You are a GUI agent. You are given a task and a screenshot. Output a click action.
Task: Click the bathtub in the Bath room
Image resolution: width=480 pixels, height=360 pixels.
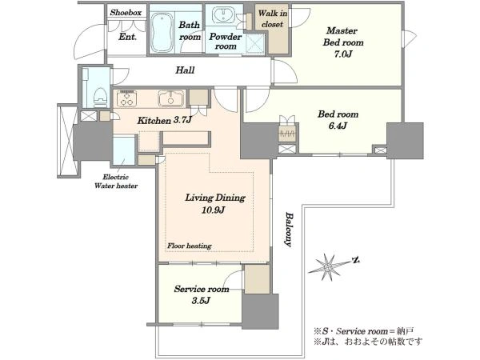pyautogui.click(x=162, y=32)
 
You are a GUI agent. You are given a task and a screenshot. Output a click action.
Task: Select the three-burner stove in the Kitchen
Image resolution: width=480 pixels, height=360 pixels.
pyautogui.click(x=126, y=98)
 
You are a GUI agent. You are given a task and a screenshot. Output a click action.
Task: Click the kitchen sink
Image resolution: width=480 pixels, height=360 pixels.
pyautogui.click(x=171, y=98)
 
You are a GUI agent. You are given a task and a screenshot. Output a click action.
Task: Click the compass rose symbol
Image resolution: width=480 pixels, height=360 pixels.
pyautogui.click(x=327, y=267)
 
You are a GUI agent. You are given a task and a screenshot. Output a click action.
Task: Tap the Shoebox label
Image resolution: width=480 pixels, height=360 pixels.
pyautogui.click(x=126, y=13)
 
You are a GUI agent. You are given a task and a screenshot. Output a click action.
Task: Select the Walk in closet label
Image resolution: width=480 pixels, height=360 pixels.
pyautogui.click(x=273, y=18)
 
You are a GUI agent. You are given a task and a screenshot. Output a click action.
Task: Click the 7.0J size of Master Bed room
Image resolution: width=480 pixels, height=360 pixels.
pyautogui.click(x=343, y=54)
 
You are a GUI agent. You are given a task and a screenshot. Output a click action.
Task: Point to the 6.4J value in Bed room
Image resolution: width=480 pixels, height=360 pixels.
pyautogui.click(x=338, y=126)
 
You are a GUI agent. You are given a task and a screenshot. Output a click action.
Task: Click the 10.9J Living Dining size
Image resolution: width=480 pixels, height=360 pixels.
pyautogui.click(x=214, y=210)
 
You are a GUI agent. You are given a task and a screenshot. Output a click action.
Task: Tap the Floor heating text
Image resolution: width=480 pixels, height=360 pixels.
pyautogui.click(x=189, y=246)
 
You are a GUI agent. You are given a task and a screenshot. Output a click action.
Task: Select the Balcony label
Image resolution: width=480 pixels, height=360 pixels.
pyautogui.click(x=288, y=230)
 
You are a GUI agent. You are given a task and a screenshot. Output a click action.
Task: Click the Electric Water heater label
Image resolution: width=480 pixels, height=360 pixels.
pyautogui.click(x=116, y=182)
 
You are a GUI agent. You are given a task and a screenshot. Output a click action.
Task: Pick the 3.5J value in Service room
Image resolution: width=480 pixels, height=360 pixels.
pyautogui.click(x=201, y=301)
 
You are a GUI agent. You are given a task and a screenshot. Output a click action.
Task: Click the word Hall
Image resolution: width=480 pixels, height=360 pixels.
pyautogui.click(x=185, y=70)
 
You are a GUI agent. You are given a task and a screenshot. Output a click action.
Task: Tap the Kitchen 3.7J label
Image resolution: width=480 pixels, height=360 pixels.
pyautogui.click(x=164, y=120)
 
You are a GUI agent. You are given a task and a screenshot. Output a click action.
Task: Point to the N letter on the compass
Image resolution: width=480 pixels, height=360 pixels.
pyautogui.click(x=356, y=260)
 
